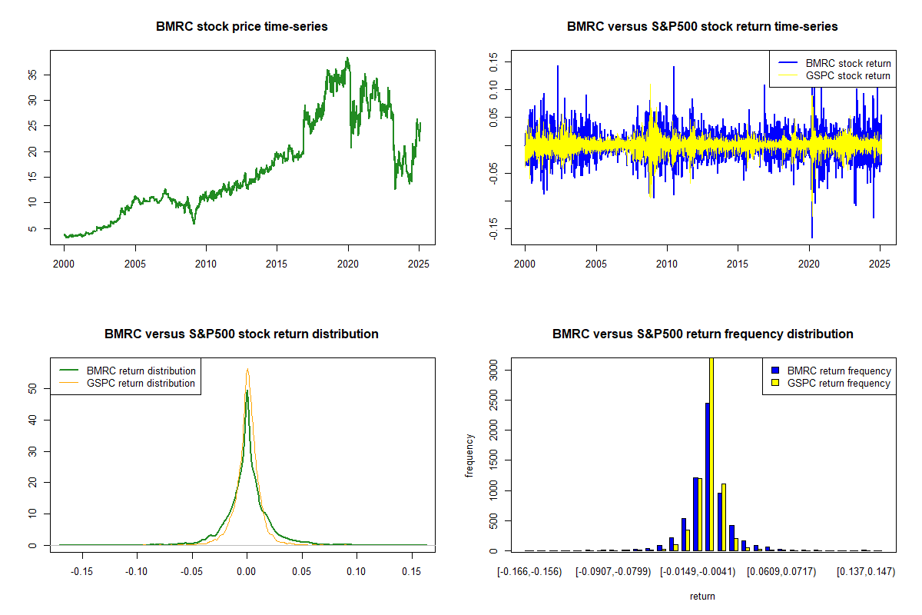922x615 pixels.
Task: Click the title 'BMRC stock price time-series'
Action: pyautogui.click(x=242, y=27)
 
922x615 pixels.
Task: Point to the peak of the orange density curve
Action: pyautogui.click(x=247, y=370)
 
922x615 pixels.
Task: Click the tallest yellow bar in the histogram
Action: pyautogui.click(x=711, y=454)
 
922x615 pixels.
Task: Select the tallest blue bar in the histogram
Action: pyautogui.click(x=706, y=477)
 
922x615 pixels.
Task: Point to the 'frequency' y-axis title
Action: pyautogui.click(x=470, y=455)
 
